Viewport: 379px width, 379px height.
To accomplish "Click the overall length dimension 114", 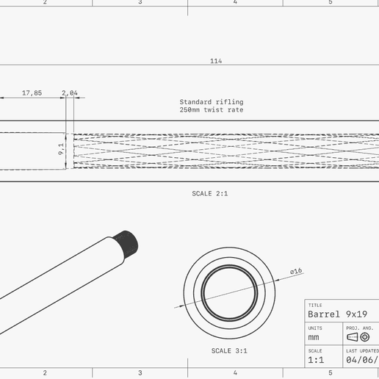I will tap(215, 61).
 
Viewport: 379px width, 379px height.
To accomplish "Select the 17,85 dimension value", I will tap(32, 93).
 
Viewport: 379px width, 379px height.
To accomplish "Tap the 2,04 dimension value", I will tap(70, 93).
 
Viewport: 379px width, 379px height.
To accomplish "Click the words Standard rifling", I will tap(211, 102).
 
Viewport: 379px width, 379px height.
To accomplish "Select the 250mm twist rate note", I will tap(211, 110).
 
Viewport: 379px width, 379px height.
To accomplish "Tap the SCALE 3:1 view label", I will tap(229, 351).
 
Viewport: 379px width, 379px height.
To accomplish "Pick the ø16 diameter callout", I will tap(296, 272).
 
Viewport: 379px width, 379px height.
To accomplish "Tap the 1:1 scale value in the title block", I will tap(317, 360).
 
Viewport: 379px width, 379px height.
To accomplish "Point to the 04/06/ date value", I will tap(361, 360).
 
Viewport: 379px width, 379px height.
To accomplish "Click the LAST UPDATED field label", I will tap(362, 350).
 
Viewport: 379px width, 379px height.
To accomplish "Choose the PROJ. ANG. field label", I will tap(360, 328).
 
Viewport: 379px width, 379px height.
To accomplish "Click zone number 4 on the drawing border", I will tap(235, 3).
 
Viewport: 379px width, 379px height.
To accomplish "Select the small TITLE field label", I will tap(315, 305).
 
